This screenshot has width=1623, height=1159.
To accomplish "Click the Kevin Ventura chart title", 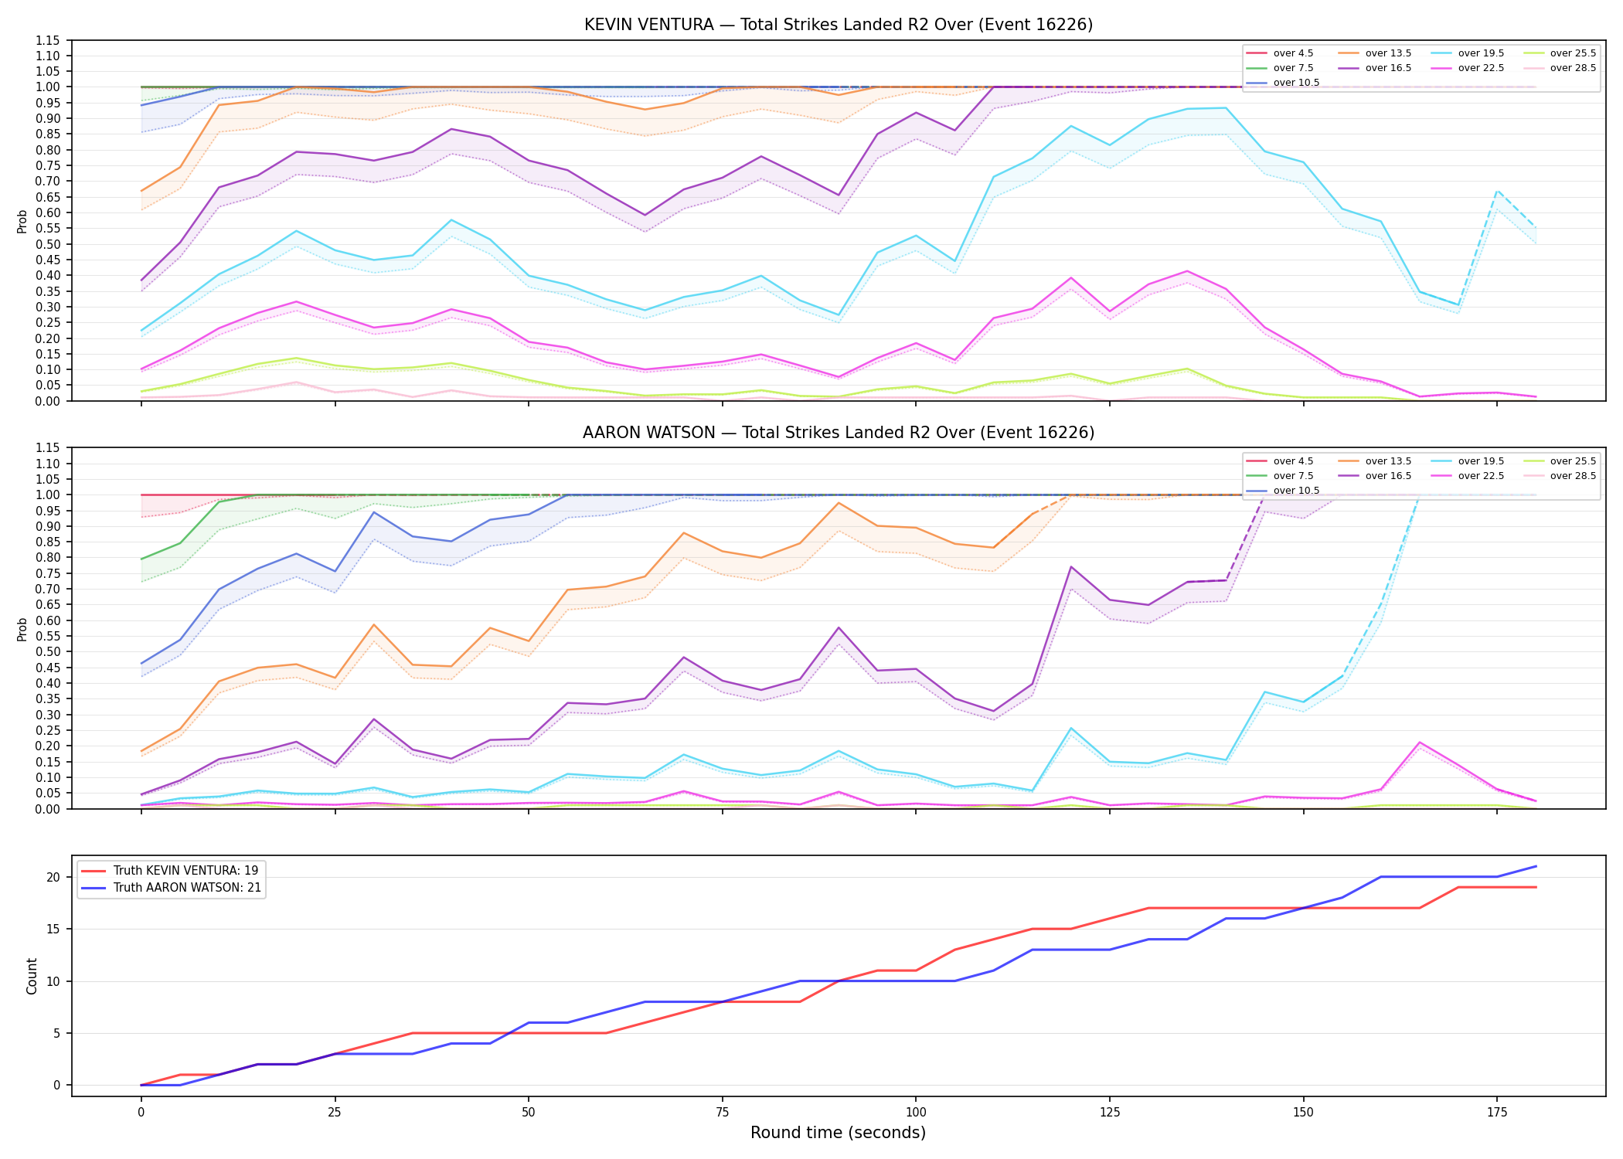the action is (839, 25).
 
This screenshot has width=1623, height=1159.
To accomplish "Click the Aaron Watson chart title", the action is (839, 433).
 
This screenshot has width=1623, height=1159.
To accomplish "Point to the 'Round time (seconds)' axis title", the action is (838, 1133).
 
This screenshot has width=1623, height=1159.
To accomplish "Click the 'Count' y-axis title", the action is (32, 976).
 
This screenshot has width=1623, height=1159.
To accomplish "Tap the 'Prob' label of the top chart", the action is (22, 221).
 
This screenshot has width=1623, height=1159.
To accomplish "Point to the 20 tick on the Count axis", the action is (53, 877).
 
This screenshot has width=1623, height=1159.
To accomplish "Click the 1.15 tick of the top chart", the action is (48, 40).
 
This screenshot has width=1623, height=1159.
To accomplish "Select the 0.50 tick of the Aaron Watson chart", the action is (48, 651).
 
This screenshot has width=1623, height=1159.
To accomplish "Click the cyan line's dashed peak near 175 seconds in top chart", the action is (1497, 190).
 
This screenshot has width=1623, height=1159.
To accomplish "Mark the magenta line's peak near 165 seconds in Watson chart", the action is (1420, 743).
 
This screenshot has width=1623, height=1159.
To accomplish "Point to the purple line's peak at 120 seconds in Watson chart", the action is (1071, 567).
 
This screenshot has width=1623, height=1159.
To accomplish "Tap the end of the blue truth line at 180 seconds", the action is (1536, 866).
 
